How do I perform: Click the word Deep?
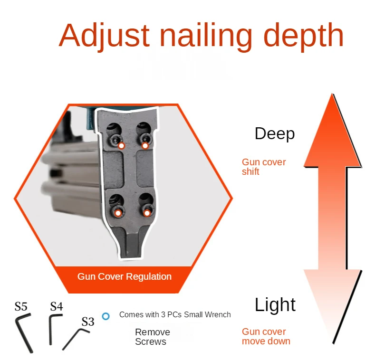(x=274, y=133)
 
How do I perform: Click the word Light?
(x=275, y=304)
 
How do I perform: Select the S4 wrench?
(x=53, y=328)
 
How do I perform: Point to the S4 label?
(x=57, y=306)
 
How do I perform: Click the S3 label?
(x=87, y=322)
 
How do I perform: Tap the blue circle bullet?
(x=106, y=316)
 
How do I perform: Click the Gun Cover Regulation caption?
(x=125, y=276)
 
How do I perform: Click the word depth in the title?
(x=303, y=36)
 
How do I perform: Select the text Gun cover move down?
(x=266, y=336)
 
